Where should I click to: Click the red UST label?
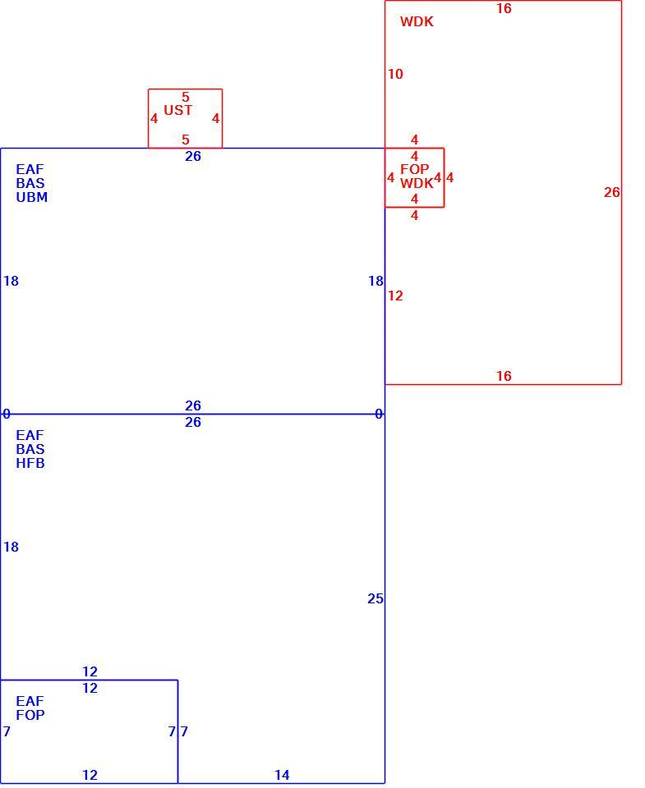click(178, 110)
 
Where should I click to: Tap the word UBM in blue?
click(32, 197)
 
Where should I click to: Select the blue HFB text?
click(30, 463)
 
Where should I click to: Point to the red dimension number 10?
click(395, 74)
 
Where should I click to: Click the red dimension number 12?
click(395, 295)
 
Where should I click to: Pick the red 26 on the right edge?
click(612, 192)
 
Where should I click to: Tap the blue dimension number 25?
click(375, 598)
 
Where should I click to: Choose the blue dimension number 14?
click(283, 775)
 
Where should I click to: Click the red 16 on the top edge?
click(504, 8)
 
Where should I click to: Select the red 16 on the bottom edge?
click(504, 375)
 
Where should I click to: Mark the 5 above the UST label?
click(186, 97)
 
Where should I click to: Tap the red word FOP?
click(415, 169)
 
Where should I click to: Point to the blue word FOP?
click(30, 715)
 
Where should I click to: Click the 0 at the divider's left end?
click(6, 414)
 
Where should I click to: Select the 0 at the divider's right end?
click(379, 414)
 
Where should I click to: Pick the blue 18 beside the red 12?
click(375, 281)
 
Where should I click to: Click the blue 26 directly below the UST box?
click(193, 156)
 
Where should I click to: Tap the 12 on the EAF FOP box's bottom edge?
click(90, 775)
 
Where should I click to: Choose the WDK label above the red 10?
click(417, 21)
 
